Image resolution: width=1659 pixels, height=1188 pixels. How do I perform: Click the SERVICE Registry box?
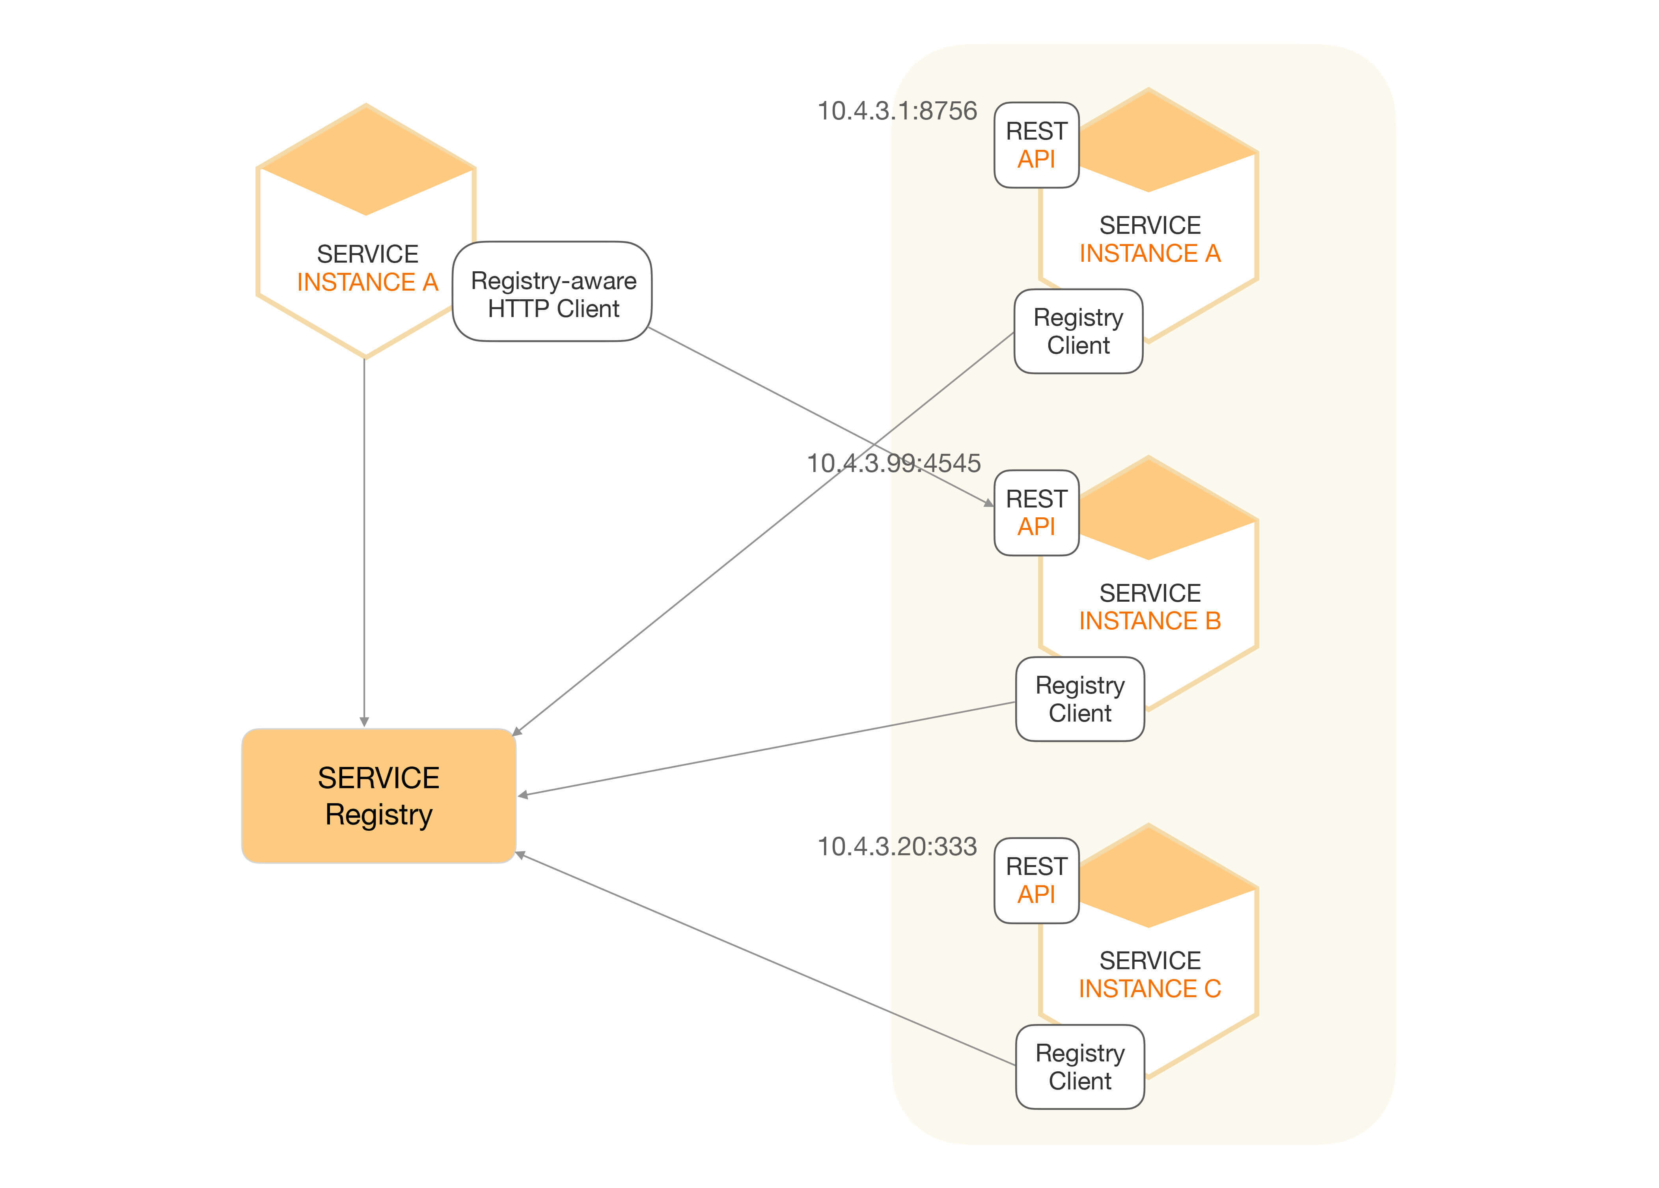click(379, 796)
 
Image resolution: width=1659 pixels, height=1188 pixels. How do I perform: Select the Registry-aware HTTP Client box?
click(552, 292)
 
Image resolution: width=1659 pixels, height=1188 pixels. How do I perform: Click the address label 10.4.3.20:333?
click(897, 847)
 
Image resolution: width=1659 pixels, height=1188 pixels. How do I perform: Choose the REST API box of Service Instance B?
click(1036, 513)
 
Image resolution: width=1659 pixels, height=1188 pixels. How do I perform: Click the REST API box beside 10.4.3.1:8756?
click(1036, 145)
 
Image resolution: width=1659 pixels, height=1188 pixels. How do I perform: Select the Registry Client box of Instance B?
click(1080, 699)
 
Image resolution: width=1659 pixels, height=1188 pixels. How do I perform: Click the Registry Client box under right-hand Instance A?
click(1078, 331)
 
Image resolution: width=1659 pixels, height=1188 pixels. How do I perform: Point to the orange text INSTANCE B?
click(1150, 621)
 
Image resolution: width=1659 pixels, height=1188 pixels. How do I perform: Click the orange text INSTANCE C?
click(1150, 989)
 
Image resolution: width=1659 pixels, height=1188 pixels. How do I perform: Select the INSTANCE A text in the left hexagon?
click(367, 282)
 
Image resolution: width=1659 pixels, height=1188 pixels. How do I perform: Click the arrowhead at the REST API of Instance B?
click(989, 503)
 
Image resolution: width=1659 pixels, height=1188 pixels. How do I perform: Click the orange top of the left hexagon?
click(366, 164)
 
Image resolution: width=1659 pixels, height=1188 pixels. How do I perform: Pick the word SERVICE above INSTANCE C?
click(1150, 960)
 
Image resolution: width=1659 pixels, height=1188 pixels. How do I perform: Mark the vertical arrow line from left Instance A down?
click(364, 541)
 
